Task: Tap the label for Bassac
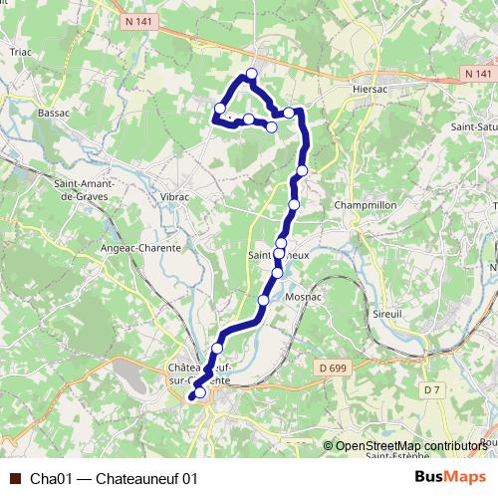coord(53,114)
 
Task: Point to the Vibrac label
coord(174,197)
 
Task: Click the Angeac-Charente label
coord(140,247)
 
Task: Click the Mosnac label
coord(302,298)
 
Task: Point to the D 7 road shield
coord(430,388)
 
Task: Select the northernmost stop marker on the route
coord(252,74)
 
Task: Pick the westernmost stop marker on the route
coord(220,109)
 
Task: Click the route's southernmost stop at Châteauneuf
coord(199,392)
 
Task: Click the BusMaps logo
coord(451,478)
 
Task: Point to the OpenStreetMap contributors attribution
coord(411,445)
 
